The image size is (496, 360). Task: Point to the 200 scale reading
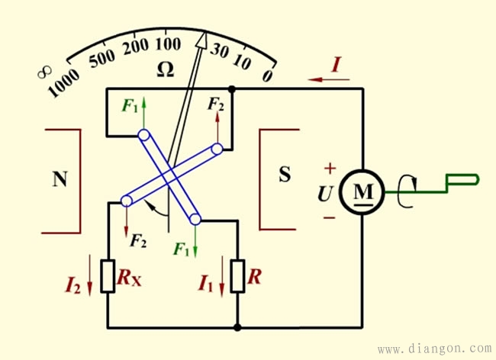(x=136, y=46)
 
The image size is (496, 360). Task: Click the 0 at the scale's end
(x=267, y=76)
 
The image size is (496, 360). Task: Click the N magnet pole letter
(x=60, y=179)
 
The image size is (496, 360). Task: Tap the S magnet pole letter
(x=285, y=175)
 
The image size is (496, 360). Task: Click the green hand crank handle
(x=461, y=180)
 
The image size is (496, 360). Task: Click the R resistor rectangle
(x=237, y=278)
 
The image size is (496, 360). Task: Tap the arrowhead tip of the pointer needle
(x=205, y=34)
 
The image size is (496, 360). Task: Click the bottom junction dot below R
(x=238, y=328)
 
